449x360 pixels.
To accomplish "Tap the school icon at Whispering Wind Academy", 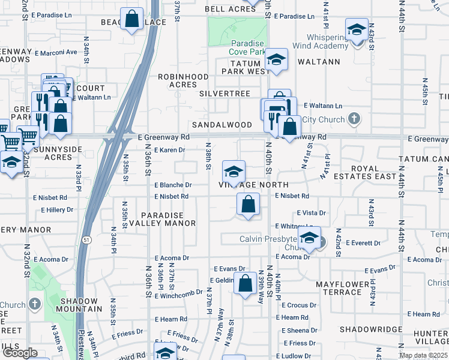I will [x=357, y=29].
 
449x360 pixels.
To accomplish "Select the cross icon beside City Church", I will [x=354, y=119].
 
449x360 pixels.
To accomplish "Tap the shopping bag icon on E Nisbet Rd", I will [x=248, y=205].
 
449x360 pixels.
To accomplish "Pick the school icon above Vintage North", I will [x=234, y=172].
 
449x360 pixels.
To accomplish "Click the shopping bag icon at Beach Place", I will [x=131, y=19].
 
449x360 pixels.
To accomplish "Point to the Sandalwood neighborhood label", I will [x=221, y=125].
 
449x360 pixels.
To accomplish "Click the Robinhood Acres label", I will [x=183, y=81].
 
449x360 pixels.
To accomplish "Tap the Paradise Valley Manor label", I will [x=168, y=219].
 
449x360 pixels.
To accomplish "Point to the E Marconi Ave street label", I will [x=55, y=52].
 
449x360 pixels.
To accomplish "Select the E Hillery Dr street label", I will [x=57, y=210].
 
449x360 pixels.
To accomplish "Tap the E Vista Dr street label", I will [x=311, y=213].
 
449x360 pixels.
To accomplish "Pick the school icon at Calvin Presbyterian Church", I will [x=309, y=238].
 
